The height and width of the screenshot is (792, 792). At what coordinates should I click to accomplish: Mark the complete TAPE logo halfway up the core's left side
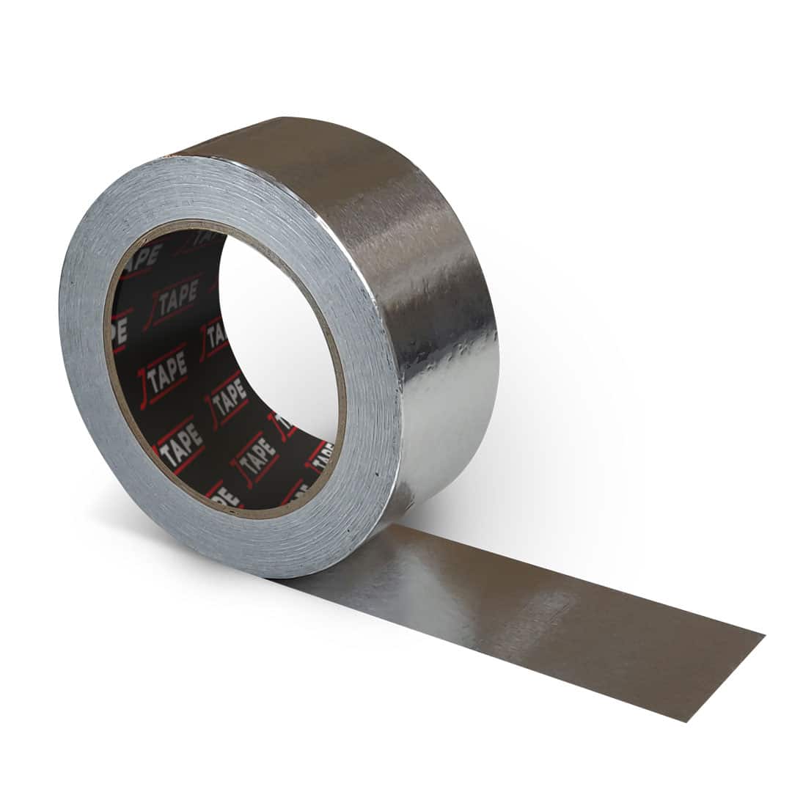(166, 376)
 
